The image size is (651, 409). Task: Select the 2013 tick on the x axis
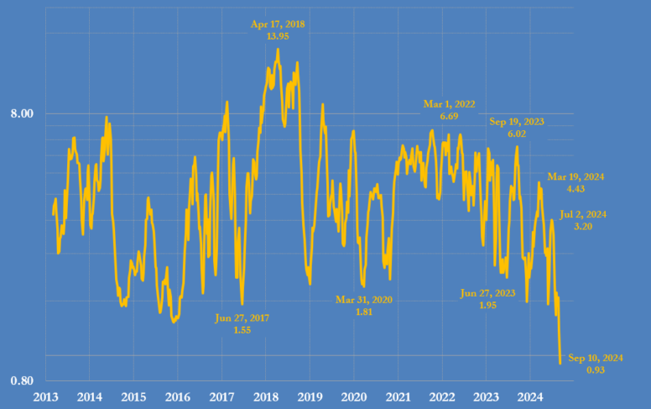click(x=45, y=396)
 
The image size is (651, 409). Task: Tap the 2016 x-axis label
click(x=178, y=396)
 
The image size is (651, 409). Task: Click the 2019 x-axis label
click(x=310, y=396)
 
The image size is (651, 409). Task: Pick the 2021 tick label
click(x=398, y=396)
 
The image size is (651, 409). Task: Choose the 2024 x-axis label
click(x=530, y=396)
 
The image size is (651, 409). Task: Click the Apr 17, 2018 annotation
click(x=278, y=24)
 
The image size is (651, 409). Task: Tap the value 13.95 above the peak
click(x=278, y=37)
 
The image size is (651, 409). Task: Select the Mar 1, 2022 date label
click(x=449, y=104)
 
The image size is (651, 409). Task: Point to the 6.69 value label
click(x=449, y=116)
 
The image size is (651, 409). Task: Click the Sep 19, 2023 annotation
click(x=517, y=122)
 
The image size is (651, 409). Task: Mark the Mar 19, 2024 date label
click(x=575, y=177)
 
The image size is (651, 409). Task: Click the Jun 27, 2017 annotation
click(x=242, y=318)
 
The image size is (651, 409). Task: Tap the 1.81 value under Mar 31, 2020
click(x=364, y=312)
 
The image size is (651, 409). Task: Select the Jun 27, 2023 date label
click(x=487, y=293)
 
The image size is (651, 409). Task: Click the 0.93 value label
click(x=596, y=370)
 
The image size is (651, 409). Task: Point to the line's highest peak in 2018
click(x=278, y=49)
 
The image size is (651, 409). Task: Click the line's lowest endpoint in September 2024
click(x=560, y=363)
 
